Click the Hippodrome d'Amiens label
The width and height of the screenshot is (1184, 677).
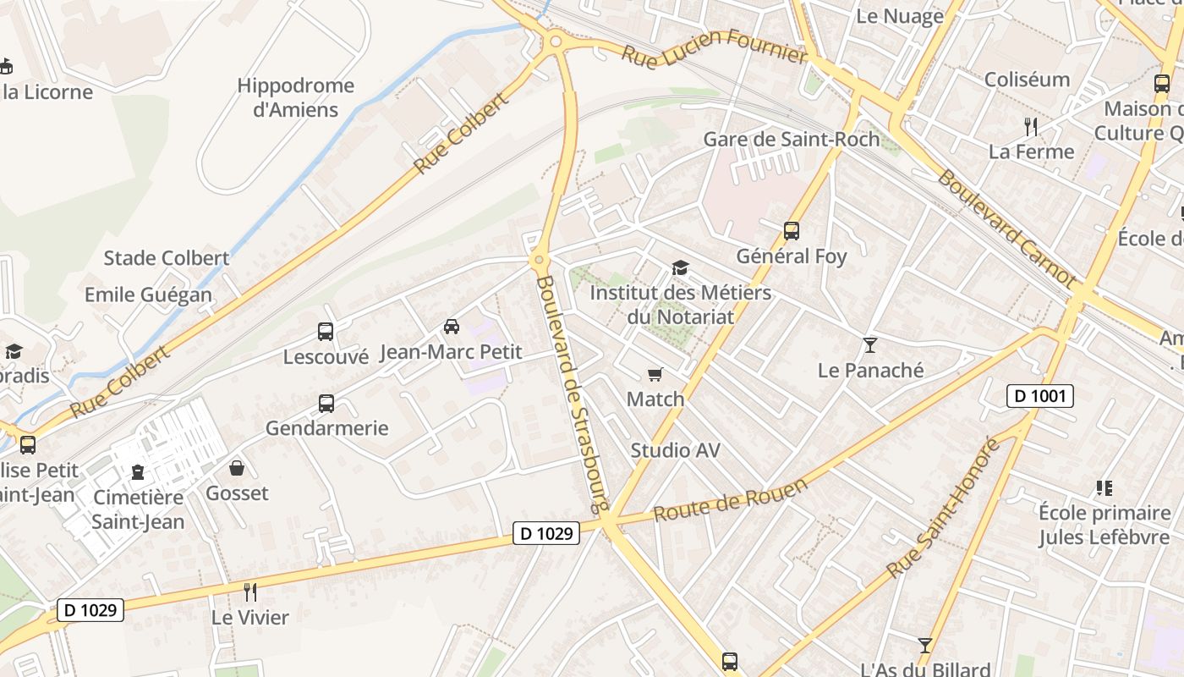295,97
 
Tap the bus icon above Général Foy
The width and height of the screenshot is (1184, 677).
792,230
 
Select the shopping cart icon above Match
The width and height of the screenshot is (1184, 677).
655,374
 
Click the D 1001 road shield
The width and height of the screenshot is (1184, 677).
1039,395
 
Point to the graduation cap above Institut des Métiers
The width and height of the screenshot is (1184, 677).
680,268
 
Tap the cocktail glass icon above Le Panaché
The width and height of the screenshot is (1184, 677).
869,344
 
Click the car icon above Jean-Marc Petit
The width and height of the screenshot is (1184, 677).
452,327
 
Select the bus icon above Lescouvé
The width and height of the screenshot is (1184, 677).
326,332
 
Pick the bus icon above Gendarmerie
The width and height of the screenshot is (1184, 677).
326,404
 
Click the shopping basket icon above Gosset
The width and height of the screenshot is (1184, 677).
237,468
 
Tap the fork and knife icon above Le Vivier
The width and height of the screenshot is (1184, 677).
249,592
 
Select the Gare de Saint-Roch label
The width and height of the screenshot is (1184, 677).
792,139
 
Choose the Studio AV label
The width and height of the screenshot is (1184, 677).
676,450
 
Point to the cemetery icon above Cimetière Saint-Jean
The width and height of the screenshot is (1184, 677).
138,471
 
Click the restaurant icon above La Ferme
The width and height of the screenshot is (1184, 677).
1030,127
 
